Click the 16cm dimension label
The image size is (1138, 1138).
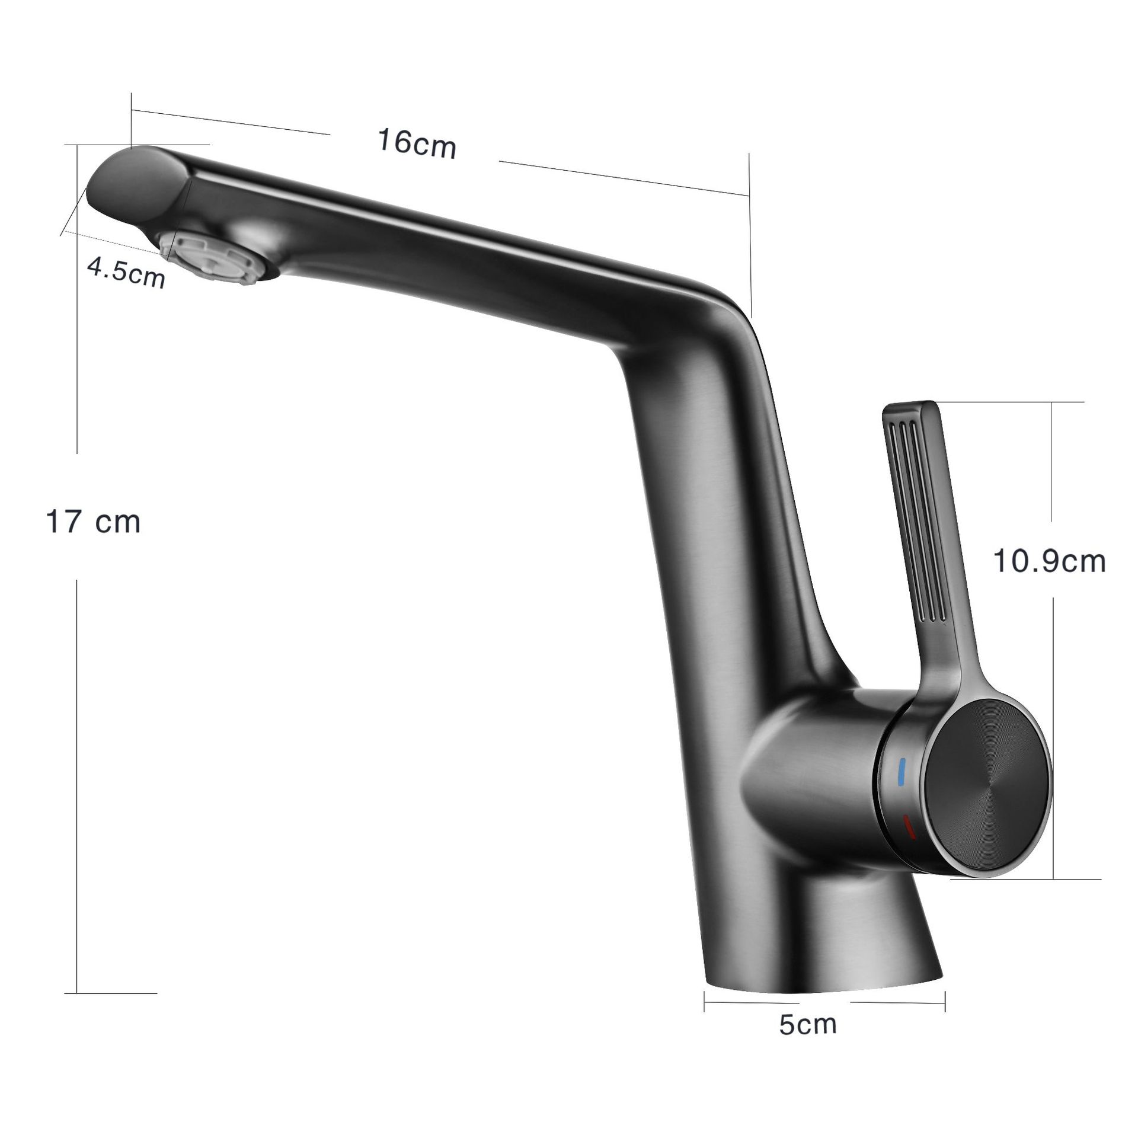click(x=417, y=145)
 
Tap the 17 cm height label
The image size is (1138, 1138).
click(x=93, y=522)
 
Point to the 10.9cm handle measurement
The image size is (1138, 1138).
click(x=1049, y=561)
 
